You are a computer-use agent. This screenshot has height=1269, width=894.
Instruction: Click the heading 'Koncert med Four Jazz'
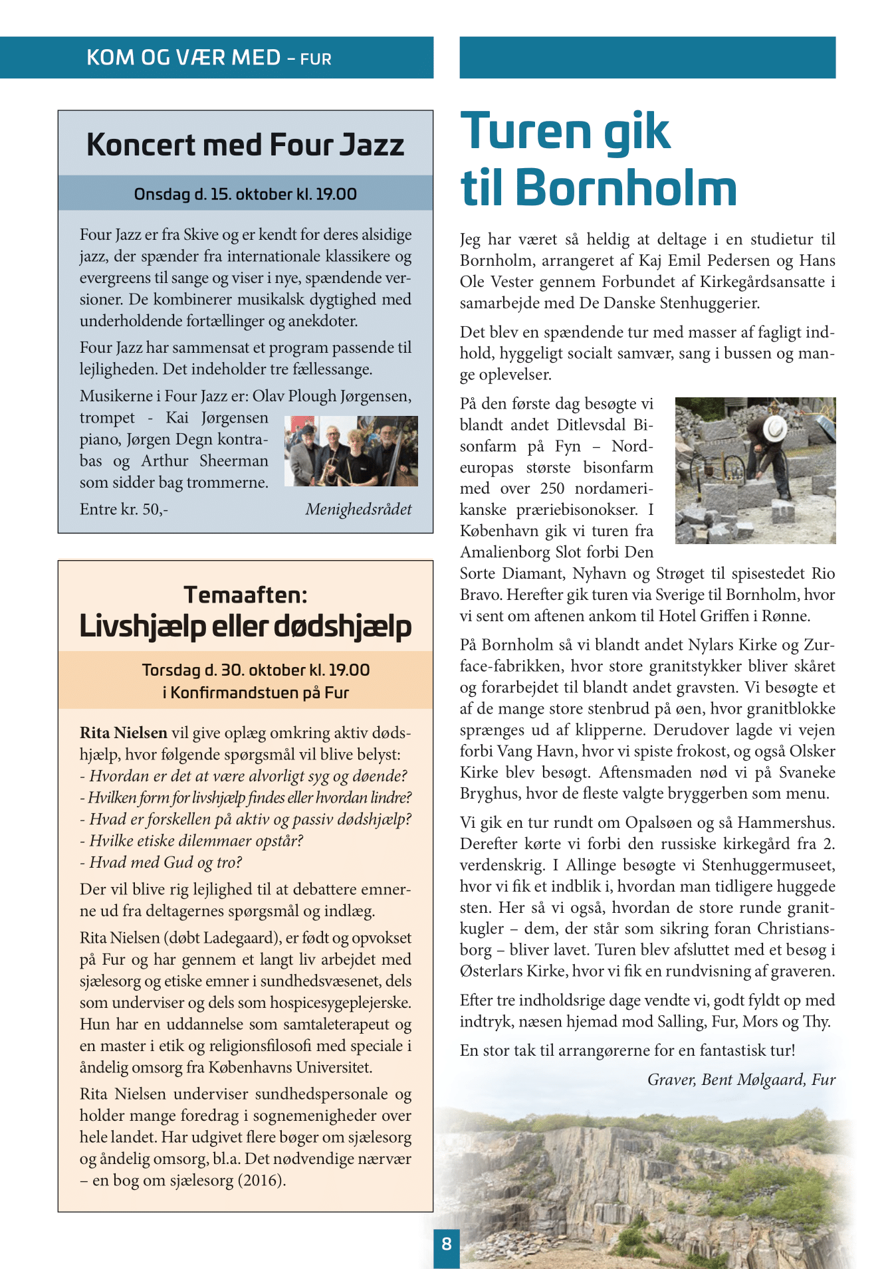click(x=245, y=146)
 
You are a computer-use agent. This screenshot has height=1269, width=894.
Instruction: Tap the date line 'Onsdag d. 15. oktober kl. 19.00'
click(x=245, y=194)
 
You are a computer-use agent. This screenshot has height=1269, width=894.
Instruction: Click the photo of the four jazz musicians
click(x=351, y=451)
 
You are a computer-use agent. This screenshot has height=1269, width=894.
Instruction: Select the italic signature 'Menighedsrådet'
click(x=358, y=510)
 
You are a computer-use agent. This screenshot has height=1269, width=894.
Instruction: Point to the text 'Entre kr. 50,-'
click(x=124, y=510)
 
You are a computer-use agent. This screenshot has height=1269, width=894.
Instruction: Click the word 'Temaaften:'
click(x=245, y=595)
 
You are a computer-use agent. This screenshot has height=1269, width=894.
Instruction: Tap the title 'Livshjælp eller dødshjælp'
click(x=245, y=627)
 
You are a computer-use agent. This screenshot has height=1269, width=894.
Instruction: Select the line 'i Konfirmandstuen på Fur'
click(x=255, y=693)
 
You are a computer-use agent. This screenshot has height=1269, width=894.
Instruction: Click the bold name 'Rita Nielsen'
click(x=124, y=733)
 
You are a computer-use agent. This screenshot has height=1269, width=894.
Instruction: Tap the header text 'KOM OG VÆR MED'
click(x=183, y=58)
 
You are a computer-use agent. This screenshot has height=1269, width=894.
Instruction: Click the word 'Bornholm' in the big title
click(x=625, y=188)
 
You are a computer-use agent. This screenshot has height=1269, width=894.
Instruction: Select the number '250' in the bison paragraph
click(x=552, y=488)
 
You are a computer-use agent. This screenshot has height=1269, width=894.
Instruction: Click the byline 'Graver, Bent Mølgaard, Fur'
click(x=741, y=1080)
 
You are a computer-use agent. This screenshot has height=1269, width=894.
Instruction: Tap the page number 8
click(x=446, y=1244)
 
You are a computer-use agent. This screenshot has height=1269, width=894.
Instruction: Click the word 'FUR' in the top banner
click(x=316, y=60)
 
